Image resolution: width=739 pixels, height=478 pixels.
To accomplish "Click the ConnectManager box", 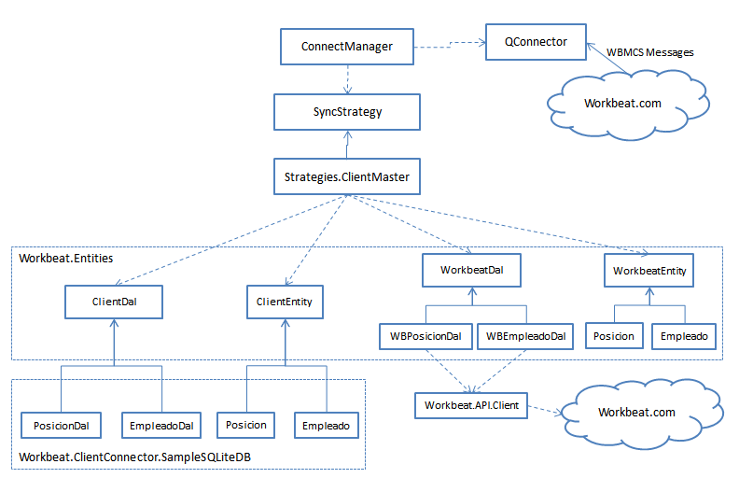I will coord(347,47).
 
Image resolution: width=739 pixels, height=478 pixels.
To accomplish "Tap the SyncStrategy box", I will coord(347,111).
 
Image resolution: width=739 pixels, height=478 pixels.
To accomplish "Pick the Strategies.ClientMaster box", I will coord(347,175).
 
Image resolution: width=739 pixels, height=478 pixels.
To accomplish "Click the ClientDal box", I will coord(114,302).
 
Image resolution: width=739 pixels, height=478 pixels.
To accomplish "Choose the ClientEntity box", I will coord(285,302).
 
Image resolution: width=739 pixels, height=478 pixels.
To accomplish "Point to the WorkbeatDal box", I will coord(470,270).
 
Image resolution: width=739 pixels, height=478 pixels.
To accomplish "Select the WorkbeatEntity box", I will coord(649,270).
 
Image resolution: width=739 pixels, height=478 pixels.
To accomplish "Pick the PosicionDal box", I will coord(62,425).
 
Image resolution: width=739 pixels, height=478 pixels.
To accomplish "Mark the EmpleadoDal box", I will coord(161,425).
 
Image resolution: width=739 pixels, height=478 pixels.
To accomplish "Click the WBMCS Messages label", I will coord(650,52).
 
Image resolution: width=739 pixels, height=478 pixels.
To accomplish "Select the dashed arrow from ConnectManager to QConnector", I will coord(449,43).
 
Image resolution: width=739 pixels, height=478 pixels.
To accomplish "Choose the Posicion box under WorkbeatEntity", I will coord(613,336).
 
